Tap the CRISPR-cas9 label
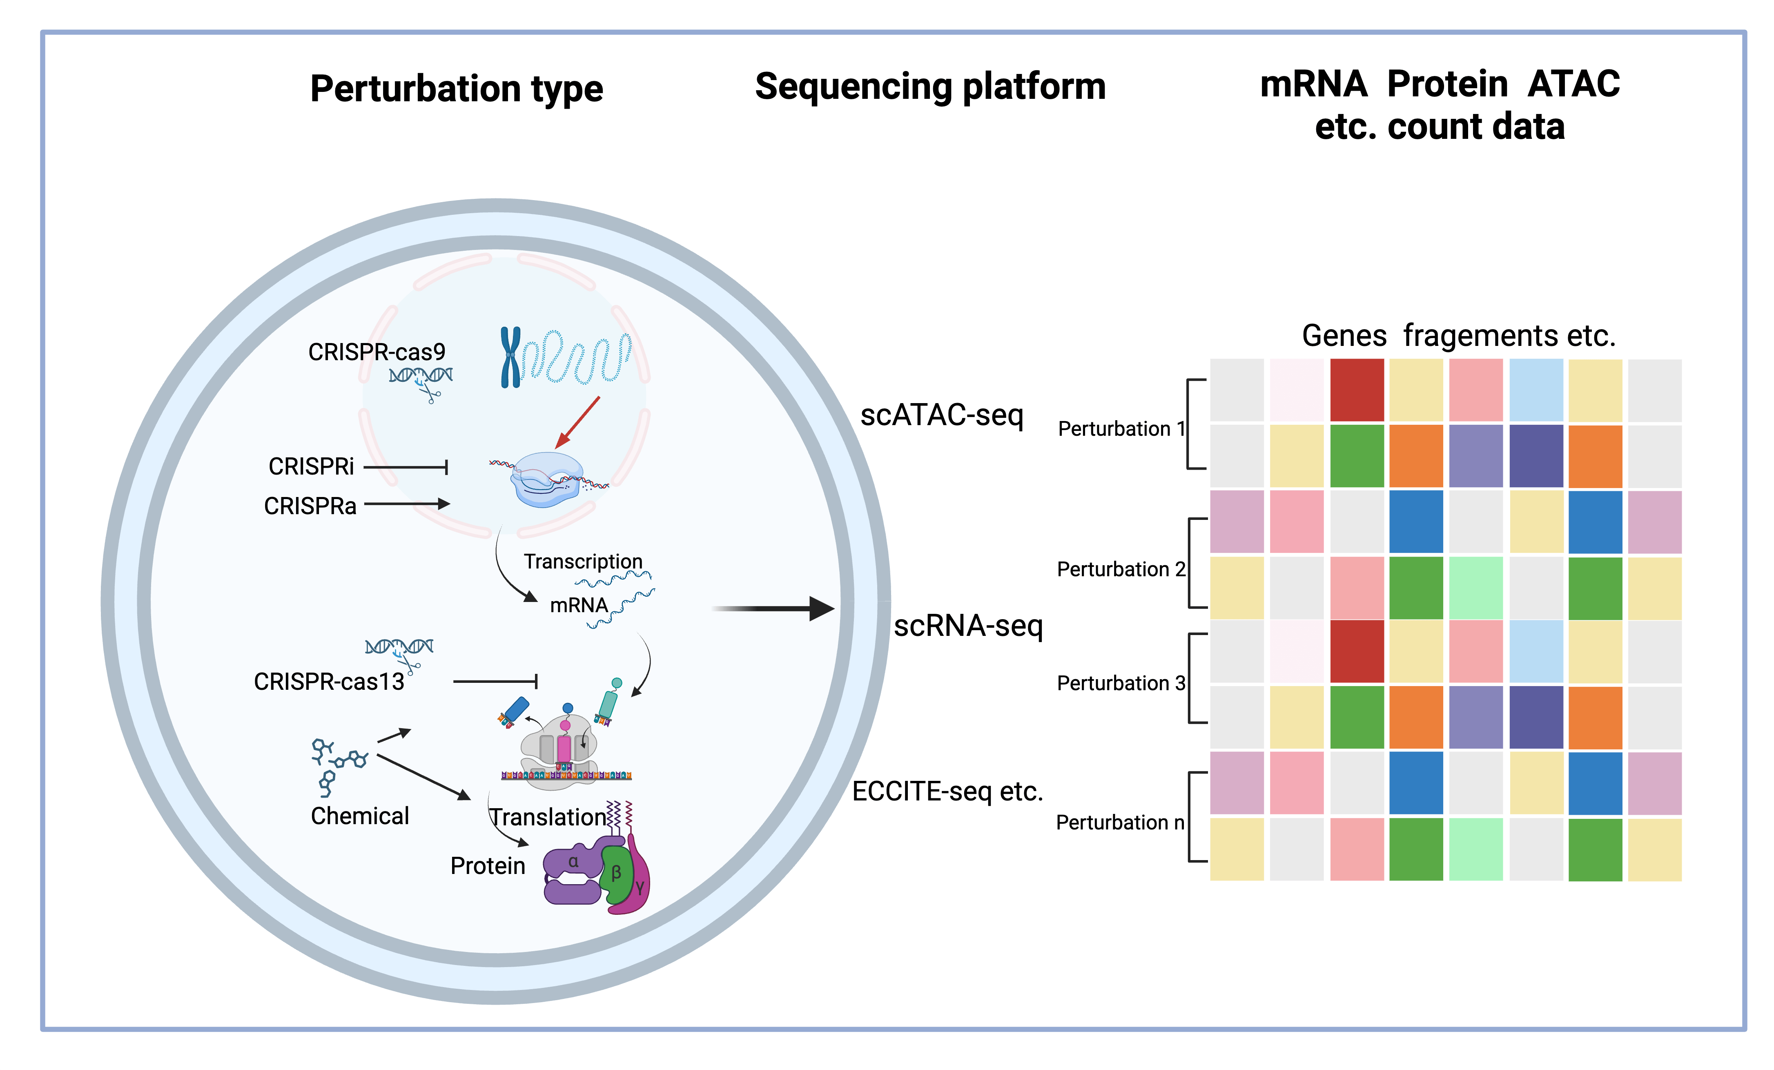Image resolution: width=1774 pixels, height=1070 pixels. [377, 352]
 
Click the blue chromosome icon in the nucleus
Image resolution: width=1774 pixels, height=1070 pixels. [510, 357]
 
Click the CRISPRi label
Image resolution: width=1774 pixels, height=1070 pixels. [311, 467]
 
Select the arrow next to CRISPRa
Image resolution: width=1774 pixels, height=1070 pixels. [407, 504]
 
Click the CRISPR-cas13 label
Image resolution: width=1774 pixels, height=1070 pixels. [329, 681]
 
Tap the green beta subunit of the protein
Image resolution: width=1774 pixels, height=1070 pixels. [616, 874]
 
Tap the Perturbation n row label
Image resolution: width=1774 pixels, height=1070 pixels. [1119, 822]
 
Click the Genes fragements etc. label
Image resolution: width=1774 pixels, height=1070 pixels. [1459, 336]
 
